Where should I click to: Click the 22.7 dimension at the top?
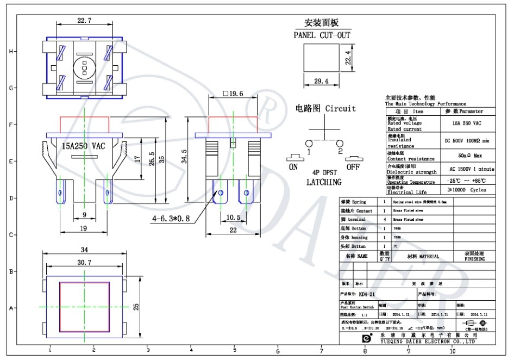[84, 21]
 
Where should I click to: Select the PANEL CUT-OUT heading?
[322, 35]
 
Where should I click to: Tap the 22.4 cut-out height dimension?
[349, 57]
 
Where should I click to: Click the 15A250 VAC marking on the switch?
[83, 146]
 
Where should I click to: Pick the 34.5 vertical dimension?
[185, 157]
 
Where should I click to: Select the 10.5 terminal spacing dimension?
[233, 218]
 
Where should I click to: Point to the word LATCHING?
[324, 182]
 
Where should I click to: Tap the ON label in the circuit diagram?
[293, 167]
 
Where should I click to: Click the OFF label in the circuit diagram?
[353, 167]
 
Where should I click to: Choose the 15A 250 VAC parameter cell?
[466, 123]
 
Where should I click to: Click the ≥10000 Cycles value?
[466, 190]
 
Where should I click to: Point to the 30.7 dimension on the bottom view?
[84, 263]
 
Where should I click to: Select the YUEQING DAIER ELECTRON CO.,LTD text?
[428, 343]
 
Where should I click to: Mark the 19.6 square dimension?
[233, 94]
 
